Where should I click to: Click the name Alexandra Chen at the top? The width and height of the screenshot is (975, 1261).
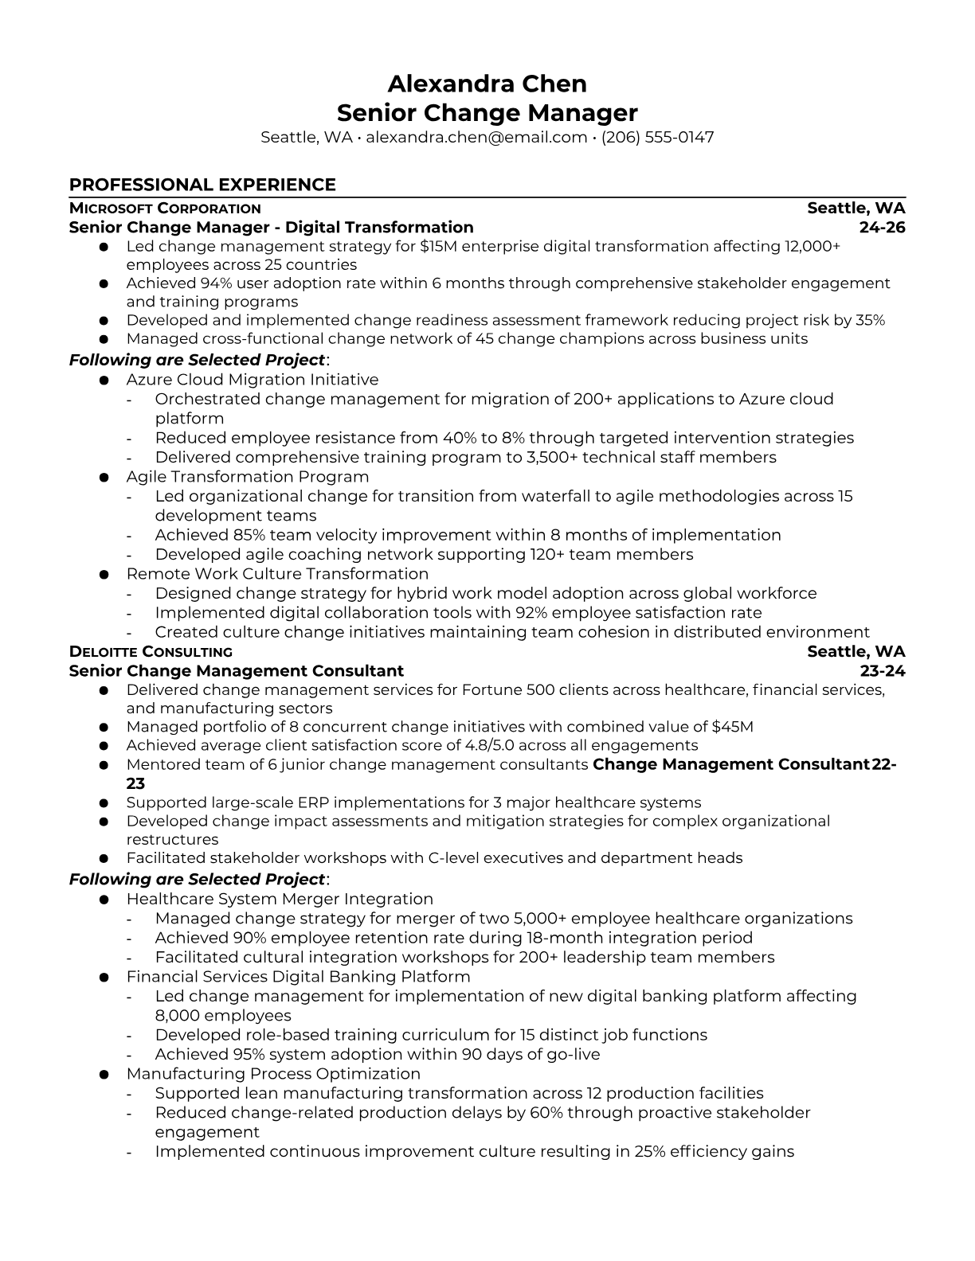pos(487,84)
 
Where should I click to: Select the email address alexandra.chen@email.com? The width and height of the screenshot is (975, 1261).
pos(476,137)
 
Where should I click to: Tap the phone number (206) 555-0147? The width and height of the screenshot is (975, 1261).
pos(657,137)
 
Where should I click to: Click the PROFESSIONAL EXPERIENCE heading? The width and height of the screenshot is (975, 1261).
pos(202,185)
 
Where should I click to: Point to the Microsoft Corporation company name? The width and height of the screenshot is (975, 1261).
pos(165,209)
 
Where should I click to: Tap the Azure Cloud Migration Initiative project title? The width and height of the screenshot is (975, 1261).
pos(252,380)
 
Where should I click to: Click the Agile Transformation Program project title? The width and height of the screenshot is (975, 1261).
pos(247,477)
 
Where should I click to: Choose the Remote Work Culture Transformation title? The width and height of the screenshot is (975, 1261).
pos(277,574)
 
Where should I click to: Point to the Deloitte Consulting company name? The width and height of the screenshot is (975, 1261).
pos(151,652)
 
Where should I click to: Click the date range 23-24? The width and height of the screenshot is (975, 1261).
pos(883,670)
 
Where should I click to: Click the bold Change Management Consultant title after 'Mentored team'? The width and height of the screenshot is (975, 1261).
pos(730,764)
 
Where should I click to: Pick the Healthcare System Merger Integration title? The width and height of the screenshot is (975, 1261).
pos(280,899)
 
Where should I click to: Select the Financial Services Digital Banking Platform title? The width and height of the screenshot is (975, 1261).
pos(298,977)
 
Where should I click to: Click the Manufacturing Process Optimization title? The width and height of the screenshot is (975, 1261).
pos(273,1074)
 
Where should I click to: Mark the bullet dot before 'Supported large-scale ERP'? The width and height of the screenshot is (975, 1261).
pos(104,803)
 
